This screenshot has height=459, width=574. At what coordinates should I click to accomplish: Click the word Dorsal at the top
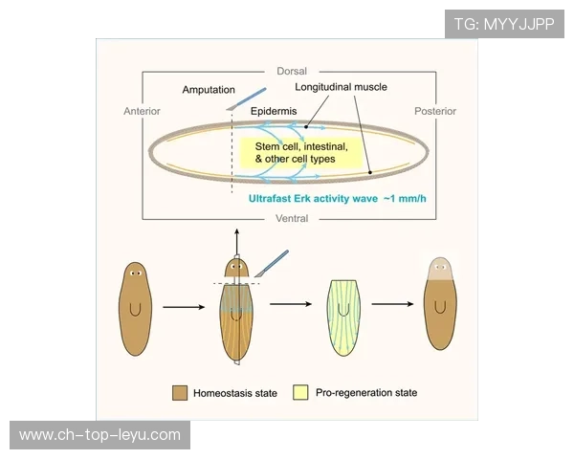tap(291, 71)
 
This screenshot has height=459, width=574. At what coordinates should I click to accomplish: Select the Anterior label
tap(143, 111)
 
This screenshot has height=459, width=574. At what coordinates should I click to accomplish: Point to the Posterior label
tap(435, 111)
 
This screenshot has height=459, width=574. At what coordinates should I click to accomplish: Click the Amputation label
tap(209, 90)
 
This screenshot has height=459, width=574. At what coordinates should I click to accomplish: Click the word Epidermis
tap(274, 111)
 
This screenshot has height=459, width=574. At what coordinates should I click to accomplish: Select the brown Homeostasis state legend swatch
tap(179, 392)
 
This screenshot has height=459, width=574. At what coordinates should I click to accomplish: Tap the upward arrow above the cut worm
tap(237, 239)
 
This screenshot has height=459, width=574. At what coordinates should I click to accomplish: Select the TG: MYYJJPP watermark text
tap(503, 24)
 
